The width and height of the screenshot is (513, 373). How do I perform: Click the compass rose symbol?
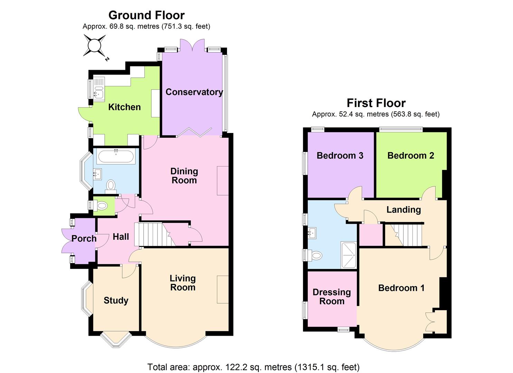[94, 45]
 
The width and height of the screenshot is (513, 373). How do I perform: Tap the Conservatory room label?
[194, 92]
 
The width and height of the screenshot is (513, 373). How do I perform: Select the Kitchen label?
[124, 107]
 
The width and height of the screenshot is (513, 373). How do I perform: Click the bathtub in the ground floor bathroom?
[116, 157]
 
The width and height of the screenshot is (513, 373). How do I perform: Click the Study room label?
[116, 300]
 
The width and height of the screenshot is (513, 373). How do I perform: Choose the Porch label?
[84, 238]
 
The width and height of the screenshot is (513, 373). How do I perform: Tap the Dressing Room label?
[332, 297]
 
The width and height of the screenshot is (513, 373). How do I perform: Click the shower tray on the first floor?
[349, 255]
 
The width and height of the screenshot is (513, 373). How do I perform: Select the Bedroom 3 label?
[340, 156]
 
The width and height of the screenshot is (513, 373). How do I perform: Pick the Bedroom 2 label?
[410, 156]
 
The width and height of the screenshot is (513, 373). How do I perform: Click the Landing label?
[403, 210]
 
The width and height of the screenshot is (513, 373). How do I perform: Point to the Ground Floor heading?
[146, 15]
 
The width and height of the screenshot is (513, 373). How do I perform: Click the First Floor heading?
[376, 103]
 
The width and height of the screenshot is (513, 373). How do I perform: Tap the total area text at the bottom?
[253, 367]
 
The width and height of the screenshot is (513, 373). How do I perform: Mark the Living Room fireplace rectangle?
[223, 289]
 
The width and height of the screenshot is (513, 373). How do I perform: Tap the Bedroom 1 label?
[401, 288]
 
